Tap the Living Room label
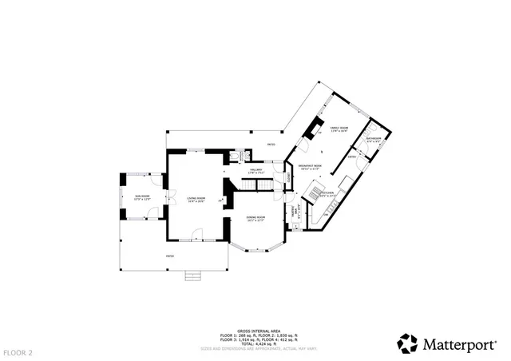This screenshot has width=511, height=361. pos(196,200)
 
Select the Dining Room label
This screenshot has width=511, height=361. pos(255,217)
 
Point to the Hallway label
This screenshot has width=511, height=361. pos(257,170)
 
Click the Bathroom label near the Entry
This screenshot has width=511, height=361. pos(374,141)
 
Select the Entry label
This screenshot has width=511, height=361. pos(352,157)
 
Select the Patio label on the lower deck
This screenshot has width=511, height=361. pos(169,256)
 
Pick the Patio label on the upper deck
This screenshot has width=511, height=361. pos(271,145)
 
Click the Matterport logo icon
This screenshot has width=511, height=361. pos(407,343)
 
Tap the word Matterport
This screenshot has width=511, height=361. pos(461,344)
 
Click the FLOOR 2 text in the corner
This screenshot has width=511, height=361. pos(17,352)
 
